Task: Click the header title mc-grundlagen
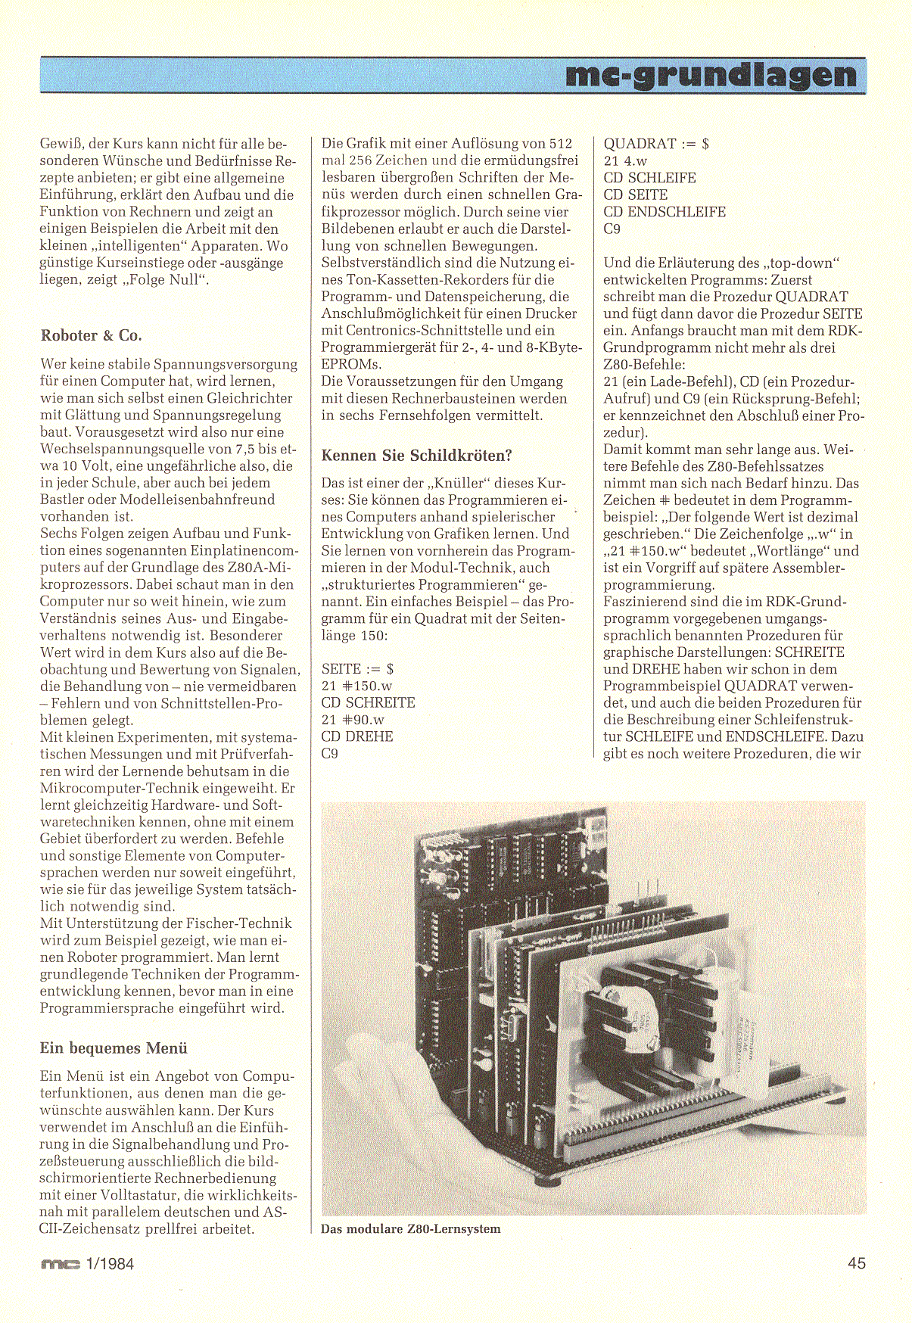(711, 76)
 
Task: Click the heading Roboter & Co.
(92, 335)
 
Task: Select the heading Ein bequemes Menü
(114, 1048)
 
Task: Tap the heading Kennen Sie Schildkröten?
(417, 455)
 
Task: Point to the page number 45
(857, 1263)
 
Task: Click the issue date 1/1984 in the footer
(110, 1263)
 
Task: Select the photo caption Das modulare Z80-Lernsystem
(411, 1229)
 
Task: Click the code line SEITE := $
(358, 669)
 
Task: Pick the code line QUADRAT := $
(656, 144)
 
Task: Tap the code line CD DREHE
(357, 736)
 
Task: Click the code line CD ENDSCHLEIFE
(665, 212)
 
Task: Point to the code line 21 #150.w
(357, 686)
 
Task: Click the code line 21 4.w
(625, 160)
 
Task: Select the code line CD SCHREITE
(369, 703)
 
